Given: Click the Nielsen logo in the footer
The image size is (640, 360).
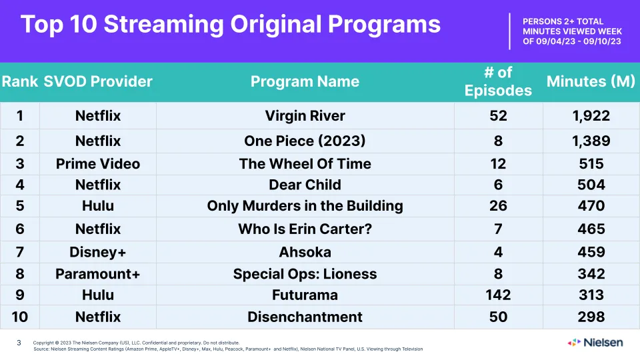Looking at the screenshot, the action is point(595,343).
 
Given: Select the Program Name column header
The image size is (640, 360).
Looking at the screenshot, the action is point(305,81).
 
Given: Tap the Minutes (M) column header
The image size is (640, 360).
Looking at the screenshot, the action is point(591,81).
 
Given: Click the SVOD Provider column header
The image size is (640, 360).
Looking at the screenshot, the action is point(98,81).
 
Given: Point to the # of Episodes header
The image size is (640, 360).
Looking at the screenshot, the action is point(498,81).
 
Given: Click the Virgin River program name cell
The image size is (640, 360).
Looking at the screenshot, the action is point(305,116).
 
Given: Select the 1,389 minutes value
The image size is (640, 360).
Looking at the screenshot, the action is point(591,141).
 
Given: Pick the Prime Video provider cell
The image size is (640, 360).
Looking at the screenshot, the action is point(98,164).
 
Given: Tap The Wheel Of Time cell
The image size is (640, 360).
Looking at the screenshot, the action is point(305,164).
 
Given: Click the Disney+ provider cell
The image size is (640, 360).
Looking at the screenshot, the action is point(98,252).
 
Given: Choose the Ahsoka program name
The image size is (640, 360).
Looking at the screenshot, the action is point(305,252).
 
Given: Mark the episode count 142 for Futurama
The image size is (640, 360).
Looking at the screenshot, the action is point(498,295).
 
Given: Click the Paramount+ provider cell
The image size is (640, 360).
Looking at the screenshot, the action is point(98,274).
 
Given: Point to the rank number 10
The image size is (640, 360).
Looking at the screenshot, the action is point(19,317).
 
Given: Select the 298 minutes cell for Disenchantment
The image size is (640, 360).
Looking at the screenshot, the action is point(591,317).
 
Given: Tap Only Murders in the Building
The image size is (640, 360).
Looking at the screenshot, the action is point(305,206).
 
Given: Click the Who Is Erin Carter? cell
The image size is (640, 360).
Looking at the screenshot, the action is point(305,229).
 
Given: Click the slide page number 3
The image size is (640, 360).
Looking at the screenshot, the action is point(19,343).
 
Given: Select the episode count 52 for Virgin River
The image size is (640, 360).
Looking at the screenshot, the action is point(498,116).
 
